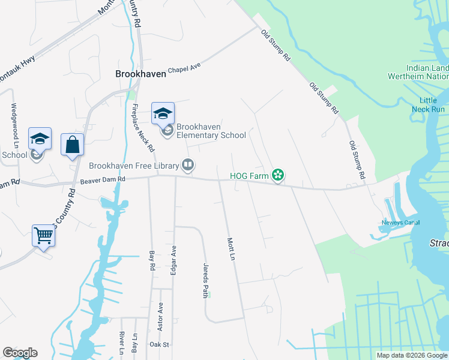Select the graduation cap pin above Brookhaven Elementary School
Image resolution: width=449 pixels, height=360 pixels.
tap(163, 113)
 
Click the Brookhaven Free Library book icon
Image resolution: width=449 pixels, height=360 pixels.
tap(188, 165)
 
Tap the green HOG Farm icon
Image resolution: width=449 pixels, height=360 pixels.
tap(277, 176)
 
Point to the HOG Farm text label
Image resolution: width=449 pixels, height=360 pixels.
tap(249, 176)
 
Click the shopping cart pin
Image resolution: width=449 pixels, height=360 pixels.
tap(44, 235)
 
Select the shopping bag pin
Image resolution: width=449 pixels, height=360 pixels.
tap(72, 145)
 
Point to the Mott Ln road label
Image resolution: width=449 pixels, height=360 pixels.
tap(230, 248)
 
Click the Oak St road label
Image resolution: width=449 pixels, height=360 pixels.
tap(160, 344)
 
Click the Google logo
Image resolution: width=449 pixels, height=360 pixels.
tap(20, 353)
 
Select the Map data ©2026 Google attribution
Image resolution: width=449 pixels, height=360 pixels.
tap(412, 355)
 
